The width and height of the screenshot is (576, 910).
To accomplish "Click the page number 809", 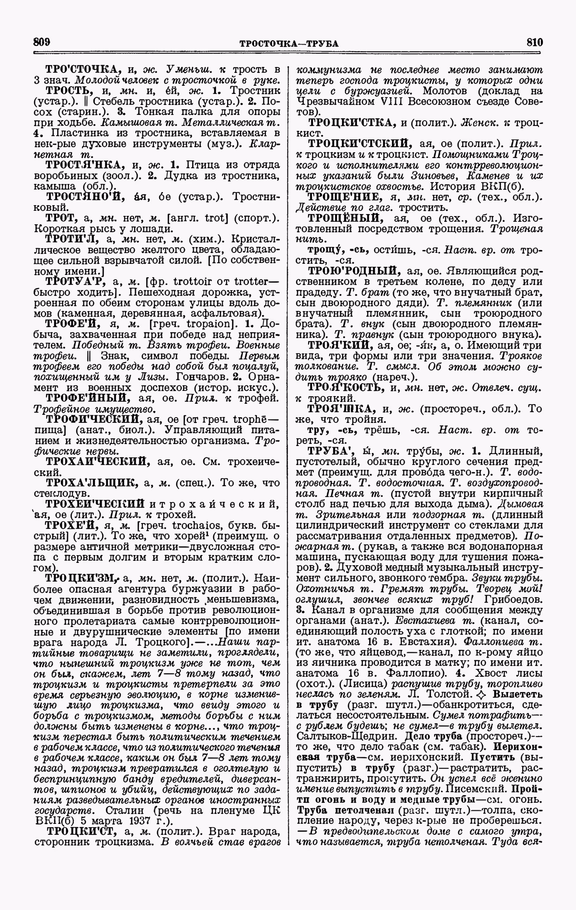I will tap(42, 42).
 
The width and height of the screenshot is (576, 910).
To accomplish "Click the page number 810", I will tap(533, 42).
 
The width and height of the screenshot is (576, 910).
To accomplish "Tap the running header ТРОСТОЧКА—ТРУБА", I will tap(288, 44).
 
